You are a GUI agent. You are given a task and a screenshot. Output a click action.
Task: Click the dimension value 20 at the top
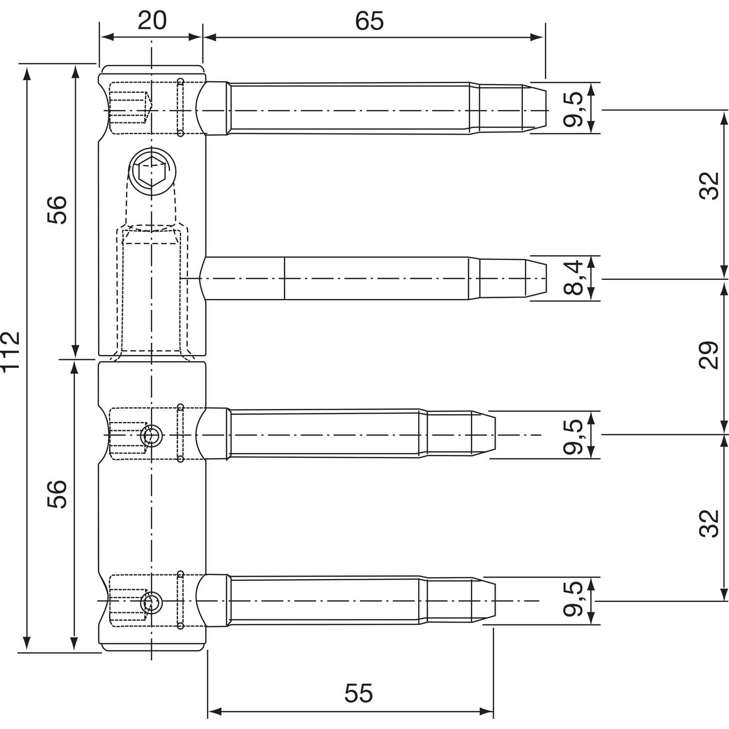(x=152, y=20)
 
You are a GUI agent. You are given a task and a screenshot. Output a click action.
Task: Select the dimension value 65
(x=369, y=21)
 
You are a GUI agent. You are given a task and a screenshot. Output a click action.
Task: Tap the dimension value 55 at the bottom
(x=359, y=693)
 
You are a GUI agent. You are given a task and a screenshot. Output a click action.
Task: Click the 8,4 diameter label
(x=573, y=278)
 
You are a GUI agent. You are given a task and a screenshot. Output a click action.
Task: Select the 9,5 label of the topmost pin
(x=573, y=109)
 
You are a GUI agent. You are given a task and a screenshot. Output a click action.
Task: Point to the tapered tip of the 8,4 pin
(x=535, y=278)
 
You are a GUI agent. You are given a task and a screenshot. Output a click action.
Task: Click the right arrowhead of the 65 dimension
(x=537, y=37)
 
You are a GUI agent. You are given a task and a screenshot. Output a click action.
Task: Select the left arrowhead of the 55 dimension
(x=215, y=712)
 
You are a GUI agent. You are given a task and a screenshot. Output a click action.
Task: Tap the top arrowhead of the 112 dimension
(x=27, y=74)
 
